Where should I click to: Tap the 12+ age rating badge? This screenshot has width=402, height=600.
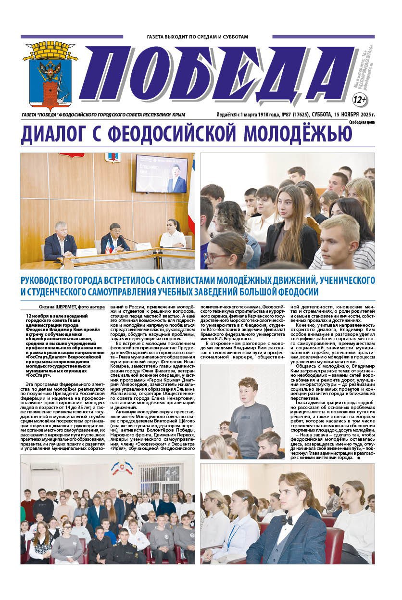pos(360,100)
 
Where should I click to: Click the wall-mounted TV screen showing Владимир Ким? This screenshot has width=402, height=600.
pos(161,173)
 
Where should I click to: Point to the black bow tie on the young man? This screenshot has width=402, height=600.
pos(287,521)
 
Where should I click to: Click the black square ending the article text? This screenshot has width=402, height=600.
pos(359,458)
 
